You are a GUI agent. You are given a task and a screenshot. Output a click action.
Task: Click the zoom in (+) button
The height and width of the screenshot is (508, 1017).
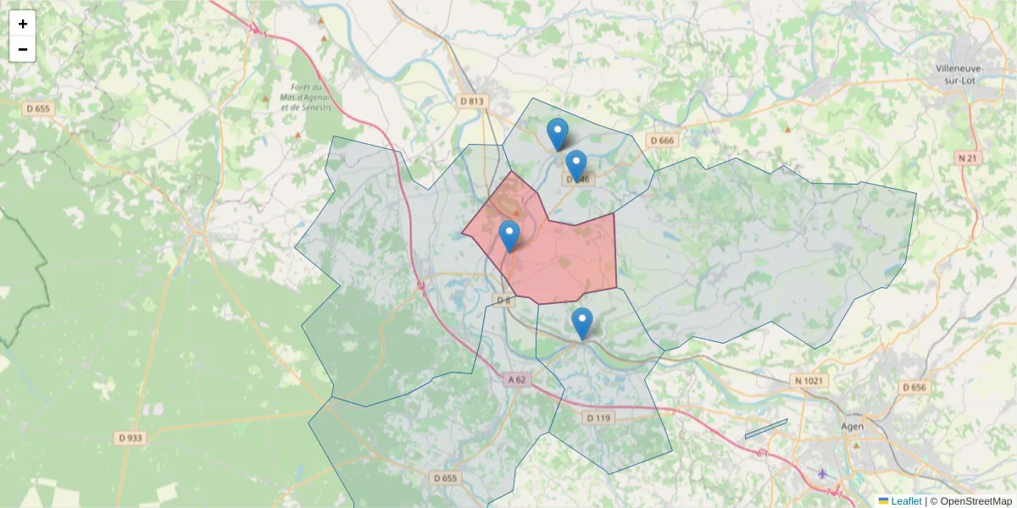click(23, 24)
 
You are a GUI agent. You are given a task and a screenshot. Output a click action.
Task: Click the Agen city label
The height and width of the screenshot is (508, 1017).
click(852, 427)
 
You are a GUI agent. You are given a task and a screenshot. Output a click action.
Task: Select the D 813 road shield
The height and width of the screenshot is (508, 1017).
click(473, 101)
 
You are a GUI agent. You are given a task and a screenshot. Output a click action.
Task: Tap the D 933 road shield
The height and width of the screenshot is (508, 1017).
click(129, 438)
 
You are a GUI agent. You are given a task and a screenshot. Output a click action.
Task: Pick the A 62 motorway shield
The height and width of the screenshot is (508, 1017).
click(518, 380)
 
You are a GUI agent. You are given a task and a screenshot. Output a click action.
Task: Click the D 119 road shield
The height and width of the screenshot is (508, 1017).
click(598, 417)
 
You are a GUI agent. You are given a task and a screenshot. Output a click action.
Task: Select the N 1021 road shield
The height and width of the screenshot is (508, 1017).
click(808, 381)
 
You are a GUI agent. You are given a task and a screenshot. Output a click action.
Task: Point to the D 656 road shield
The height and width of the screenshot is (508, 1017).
click(914, 387)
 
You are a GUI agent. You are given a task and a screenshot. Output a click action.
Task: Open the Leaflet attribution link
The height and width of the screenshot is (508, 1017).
click(906, 501)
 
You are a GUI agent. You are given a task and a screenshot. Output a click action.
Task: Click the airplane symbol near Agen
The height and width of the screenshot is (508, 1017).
click(822, 473)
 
